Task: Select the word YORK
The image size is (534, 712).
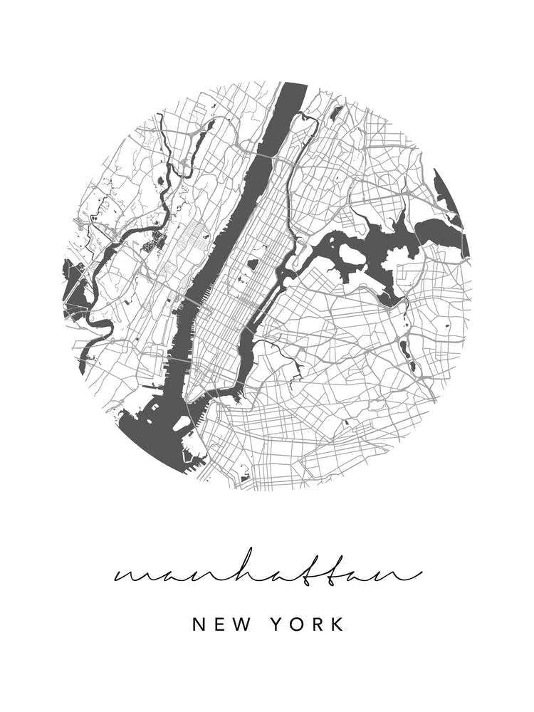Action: point(308,625)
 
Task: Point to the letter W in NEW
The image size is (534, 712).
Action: point(242,625)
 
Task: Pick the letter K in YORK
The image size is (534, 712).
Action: point(337,625)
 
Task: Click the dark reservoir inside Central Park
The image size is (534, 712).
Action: point(253,265)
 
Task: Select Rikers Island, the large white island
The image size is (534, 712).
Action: point(350,253)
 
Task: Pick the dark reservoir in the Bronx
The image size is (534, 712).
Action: point(337,112)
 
